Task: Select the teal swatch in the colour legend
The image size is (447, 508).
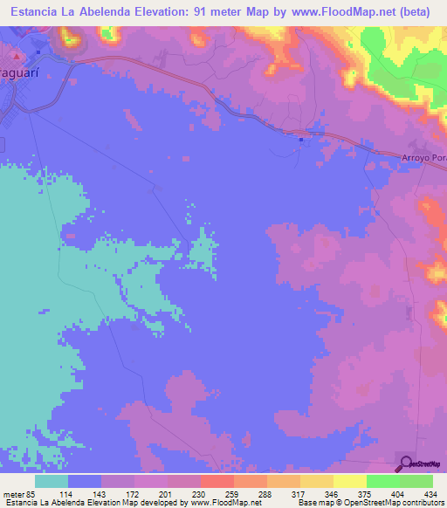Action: point(52,481)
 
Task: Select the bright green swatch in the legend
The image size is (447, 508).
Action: point(382,481)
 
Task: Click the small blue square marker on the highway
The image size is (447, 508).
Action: point(300,138)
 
